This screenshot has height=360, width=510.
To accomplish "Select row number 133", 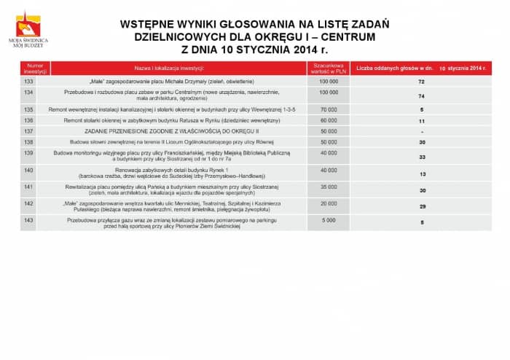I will click(x=29, y=82).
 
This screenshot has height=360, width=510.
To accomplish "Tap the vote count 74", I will click(x=421, y=96).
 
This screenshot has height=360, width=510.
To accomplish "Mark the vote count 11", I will click(x=421, y=120).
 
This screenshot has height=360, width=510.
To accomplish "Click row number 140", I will click(x=29, y=170).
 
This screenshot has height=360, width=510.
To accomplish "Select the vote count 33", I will click(x=422, y=157).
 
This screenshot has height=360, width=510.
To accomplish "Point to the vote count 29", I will click(x=422, y=207).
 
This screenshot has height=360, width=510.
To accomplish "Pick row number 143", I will click(x=29, y=219).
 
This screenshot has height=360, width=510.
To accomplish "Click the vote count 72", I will click(x=421, y=82).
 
